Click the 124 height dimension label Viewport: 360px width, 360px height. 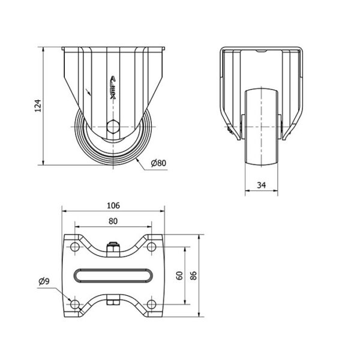[x=38, y=106]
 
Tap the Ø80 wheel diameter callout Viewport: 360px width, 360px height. [x=158, y=163]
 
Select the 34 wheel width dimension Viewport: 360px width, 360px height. [x=262, y=185]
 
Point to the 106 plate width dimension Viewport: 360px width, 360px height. [x=113, y=205]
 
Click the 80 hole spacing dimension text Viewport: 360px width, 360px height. [x=113, y=221]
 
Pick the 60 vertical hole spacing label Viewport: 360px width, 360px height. [x=179, y=275]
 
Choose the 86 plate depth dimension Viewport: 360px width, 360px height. [x=194, y=275]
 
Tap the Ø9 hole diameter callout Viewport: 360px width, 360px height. [x=44, y=281]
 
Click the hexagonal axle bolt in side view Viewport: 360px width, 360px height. [x=113, y=127]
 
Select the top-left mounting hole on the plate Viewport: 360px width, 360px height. [x=74, y=247]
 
